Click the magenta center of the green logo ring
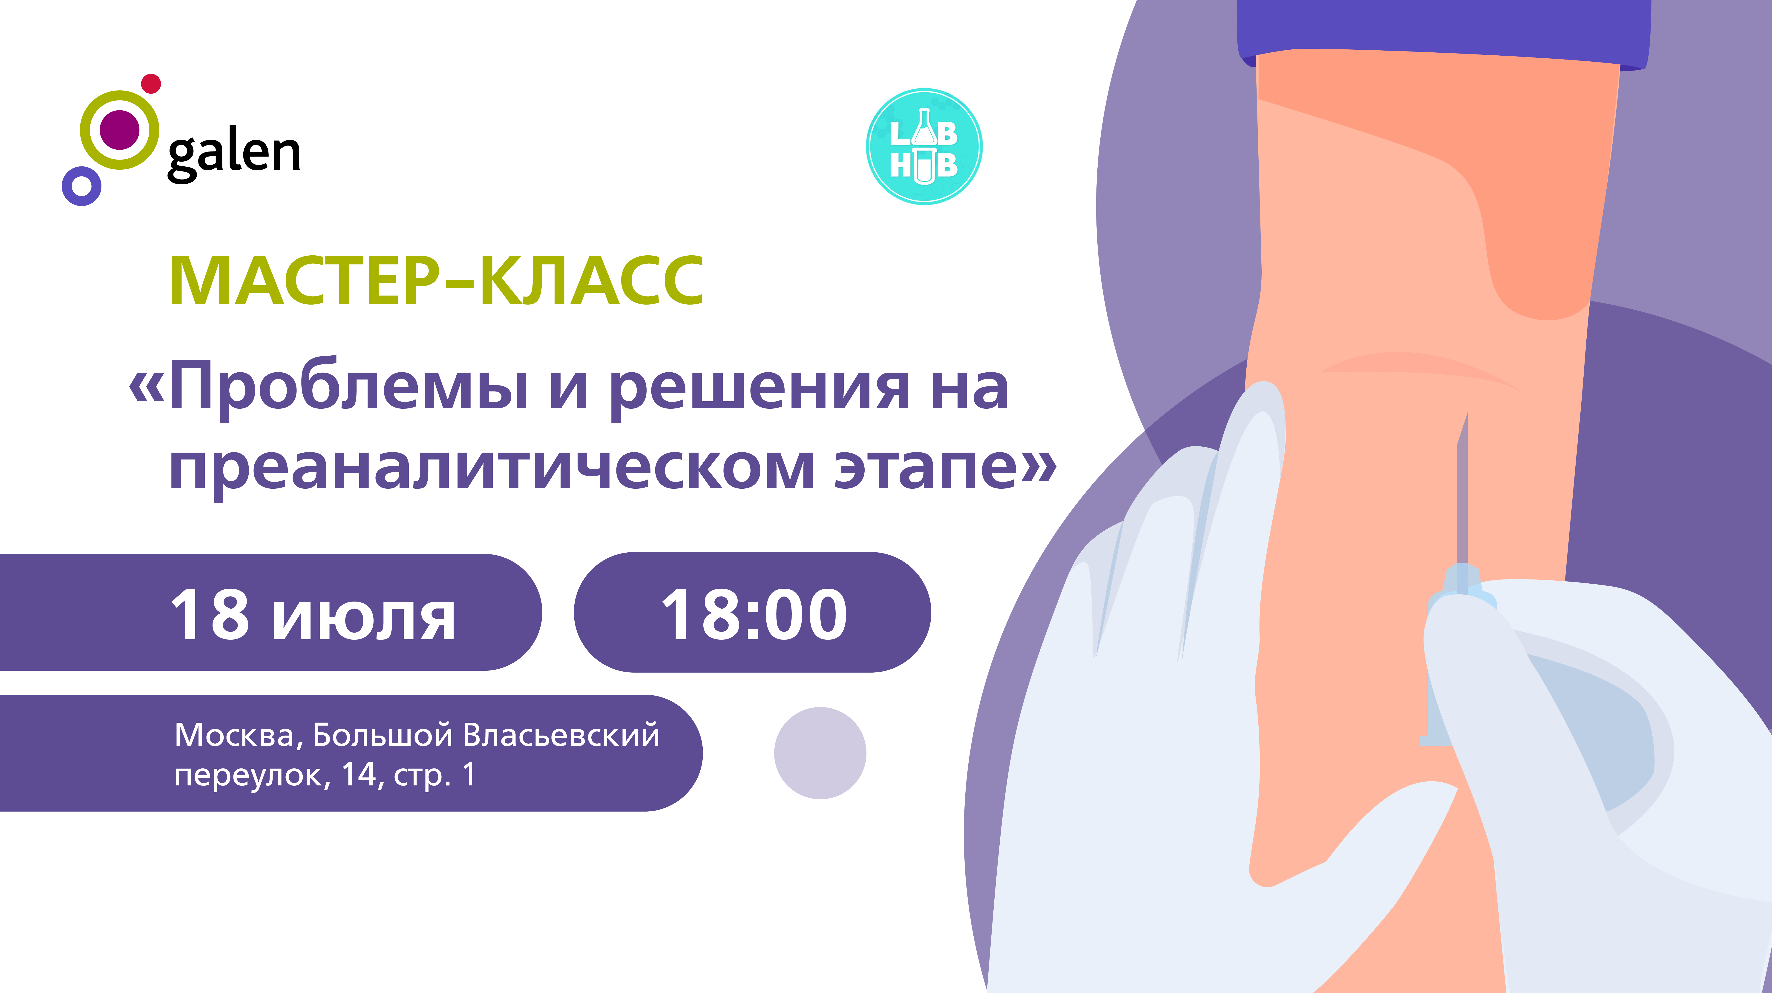(x=120, y=129)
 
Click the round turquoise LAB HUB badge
(x=924, y=146)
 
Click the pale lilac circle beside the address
(x=820, y=753)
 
